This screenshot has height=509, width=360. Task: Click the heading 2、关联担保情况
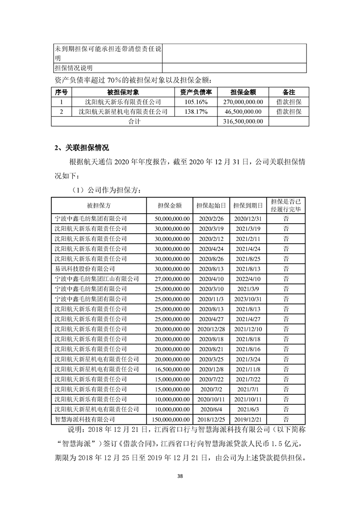(x=81, y=147)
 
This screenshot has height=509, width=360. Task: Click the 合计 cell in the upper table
(x=133, y=121)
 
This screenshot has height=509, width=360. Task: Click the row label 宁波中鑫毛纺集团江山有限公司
(x=97, y=279)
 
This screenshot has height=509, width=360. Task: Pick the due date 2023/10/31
(x=247, y=299)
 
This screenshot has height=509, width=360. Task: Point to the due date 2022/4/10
(x=247, y=279)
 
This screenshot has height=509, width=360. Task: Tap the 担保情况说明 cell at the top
(x=74, y=68)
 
